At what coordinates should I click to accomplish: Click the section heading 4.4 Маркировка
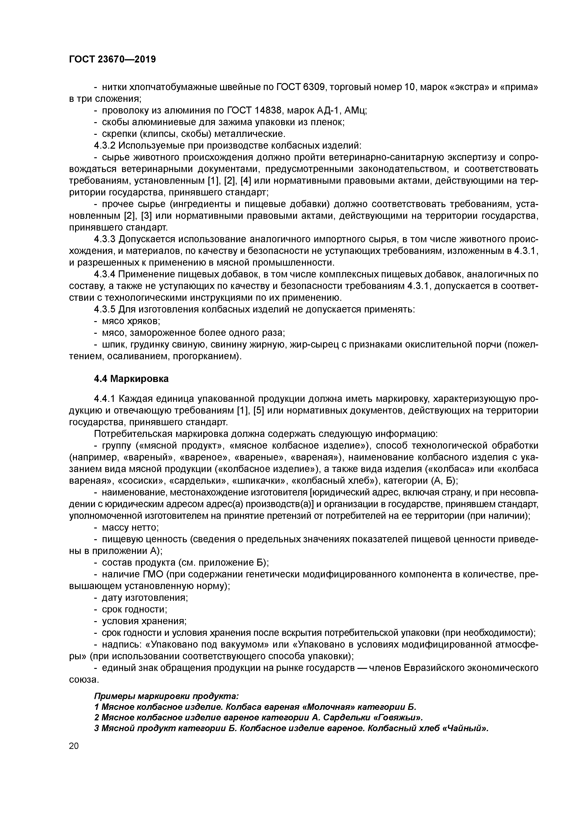[131, 379]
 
